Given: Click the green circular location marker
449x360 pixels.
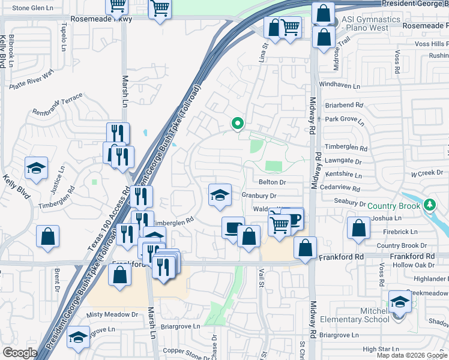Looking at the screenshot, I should [x=237, y=124].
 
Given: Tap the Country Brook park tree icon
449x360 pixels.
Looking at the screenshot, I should [x=429, y=205].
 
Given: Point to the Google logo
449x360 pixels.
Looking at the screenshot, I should [x=20, y=353].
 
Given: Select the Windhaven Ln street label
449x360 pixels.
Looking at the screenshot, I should [x=339, y=85].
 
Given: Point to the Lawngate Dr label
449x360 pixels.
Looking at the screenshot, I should [x=343, y=161].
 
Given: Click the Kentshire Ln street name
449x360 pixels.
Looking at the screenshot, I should [x=342, y=176].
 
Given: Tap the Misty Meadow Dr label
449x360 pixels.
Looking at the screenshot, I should [x=112, y=314].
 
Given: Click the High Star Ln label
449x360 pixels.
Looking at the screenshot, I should [x=381, y=349].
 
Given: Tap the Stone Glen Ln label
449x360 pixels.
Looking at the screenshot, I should [x=32, y=8].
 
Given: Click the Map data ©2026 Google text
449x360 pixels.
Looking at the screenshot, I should [x=412, y=355].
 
